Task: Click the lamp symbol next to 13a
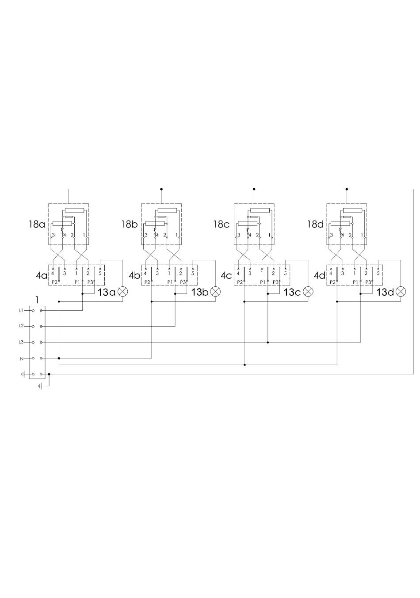(122, 292)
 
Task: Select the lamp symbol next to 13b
(215, 292)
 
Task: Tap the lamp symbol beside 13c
(308, 292)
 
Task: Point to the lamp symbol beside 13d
(401, 292)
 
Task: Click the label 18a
(37, 224)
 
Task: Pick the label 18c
(221, 224)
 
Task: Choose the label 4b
(134, 275)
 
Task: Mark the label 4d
(320, 275)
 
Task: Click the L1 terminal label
(21, 310)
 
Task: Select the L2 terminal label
(21, 326)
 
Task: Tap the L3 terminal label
(21, 342)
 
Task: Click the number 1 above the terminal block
(37, 300)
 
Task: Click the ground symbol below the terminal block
(40, 386)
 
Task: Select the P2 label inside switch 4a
(54, 282)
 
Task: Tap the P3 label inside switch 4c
(275, 282)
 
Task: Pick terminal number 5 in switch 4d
(378, 274)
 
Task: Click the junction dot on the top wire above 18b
(161, 189)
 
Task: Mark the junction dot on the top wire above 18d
(347, 189)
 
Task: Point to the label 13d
(385, 293)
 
